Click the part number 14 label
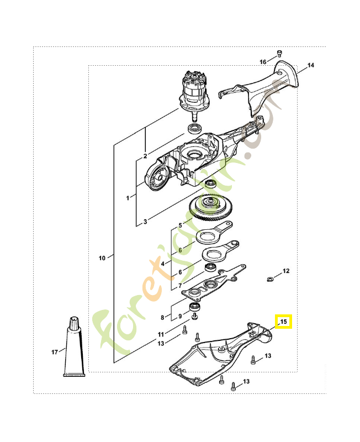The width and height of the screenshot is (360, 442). (x=311, y=65)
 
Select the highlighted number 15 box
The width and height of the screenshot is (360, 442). (x=284, y=322)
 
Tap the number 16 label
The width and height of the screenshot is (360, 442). (x=263, y=61)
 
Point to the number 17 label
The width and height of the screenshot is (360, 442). (x=55, y=352)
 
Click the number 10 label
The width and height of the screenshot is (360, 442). (x=102, y=257)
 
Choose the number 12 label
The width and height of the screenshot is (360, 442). (x=286, y=271)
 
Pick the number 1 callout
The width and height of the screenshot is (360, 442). (x=128, y=197)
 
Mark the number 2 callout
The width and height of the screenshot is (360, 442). (x=145, y=156)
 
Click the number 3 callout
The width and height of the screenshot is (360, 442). (x=145, y=222)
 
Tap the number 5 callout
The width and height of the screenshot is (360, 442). (x=179, y=226)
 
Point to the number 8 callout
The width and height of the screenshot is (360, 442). (x=162, y=317)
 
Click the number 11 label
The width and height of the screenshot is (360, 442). (x=161, y=335)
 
